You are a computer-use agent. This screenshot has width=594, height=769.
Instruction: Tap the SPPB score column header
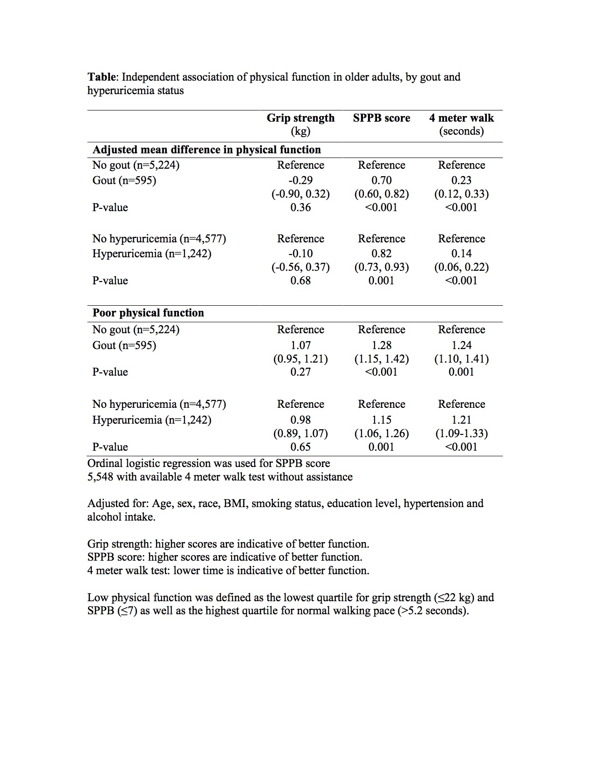[382, 118]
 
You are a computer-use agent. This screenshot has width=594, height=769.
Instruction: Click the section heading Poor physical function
[148, 313]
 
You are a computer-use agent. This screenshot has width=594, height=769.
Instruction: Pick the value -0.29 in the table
[300, 180]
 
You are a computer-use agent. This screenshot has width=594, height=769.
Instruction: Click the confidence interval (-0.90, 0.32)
[300, 194]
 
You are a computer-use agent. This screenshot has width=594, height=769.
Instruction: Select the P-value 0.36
[300, 207]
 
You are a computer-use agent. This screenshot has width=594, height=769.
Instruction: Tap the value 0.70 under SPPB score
[382, 180]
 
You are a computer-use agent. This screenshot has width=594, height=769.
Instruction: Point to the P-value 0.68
[300, 281]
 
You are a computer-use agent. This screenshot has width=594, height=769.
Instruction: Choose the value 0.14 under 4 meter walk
[461, 254]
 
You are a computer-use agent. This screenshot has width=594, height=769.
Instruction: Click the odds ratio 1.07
[300, 345]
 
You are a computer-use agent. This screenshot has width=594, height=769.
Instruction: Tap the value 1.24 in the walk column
[461, 345]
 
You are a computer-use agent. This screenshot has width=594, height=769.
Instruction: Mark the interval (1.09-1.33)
[461, 433]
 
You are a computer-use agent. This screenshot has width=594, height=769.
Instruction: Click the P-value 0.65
[300, 447]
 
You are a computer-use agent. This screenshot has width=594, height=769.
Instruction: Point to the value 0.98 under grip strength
[300, 420]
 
